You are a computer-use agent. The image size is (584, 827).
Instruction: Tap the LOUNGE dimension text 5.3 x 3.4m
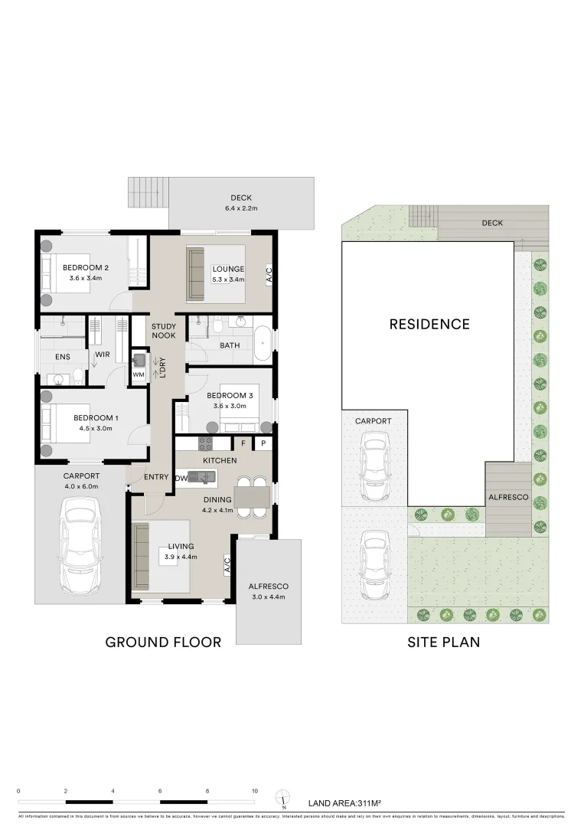228,279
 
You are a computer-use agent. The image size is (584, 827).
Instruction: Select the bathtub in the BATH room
262,345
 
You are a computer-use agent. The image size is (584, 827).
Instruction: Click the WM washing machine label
139,374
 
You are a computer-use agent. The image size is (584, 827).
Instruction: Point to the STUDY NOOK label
163,332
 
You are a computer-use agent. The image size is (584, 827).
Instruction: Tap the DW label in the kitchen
181,478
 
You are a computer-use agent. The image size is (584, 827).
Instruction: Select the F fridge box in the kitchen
243,443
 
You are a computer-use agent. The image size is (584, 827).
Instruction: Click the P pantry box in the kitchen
263,443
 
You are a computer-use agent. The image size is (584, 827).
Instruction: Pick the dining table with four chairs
252,498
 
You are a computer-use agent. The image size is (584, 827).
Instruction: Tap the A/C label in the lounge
269,275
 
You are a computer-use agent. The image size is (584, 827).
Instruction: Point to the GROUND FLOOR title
163,642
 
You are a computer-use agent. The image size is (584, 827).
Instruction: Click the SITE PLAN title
444,642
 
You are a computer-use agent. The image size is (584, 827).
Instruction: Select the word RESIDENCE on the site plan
429,324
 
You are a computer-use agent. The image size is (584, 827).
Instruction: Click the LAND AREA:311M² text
344,803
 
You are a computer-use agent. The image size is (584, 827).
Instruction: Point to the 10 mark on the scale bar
254,790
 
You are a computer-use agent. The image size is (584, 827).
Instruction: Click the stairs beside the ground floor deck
148,192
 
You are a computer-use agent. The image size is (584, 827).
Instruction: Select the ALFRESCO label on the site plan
508,497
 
